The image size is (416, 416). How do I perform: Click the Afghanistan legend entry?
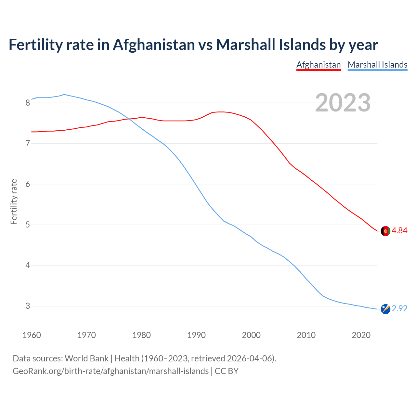[318, 65]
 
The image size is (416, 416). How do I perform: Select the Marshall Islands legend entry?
[377, 65]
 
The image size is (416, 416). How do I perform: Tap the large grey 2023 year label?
[343, 103]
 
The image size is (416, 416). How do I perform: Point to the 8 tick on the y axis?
[28, 103]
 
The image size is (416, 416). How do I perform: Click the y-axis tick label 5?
[28, 225]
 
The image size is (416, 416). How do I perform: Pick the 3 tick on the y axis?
[28, 306]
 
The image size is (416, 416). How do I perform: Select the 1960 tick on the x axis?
[32, 335]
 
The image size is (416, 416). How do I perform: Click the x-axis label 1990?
[196, 335]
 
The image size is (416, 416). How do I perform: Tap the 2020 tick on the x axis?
[361, 335]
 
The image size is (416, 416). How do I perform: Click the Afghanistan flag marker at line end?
[385, 231]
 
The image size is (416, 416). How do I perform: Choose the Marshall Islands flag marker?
[385, 309]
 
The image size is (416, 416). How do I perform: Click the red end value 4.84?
[399, 230]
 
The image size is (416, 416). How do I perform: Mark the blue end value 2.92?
[399, 308]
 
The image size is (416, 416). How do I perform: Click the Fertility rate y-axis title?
[14, 201]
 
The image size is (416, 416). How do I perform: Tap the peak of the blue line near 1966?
[64, 94]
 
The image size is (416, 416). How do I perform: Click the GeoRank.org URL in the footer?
[110, 371]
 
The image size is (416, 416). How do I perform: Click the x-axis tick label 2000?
[251, 335]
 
